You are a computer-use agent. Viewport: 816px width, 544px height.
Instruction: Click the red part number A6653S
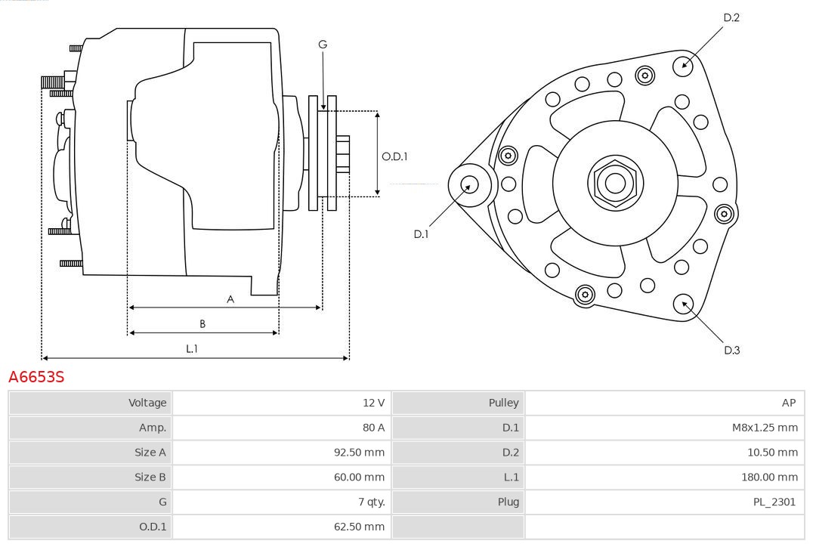click(36, 376)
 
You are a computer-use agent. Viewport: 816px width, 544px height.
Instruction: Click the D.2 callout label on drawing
click(731, 17)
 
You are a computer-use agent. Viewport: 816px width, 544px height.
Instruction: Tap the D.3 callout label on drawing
click(731, 350)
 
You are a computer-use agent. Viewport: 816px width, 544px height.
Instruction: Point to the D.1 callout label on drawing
click(421, 234)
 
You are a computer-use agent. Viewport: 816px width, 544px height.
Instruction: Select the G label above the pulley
click(323, 45)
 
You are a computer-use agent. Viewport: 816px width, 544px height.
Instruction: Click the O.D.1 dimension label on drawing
click(394, 157)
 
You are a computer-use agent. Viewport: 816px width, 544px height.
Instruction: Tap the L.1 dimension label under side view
click(192, 348)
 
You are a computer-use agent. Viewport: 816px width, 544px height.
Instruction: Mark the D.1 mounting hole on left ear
click(469, 184)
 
